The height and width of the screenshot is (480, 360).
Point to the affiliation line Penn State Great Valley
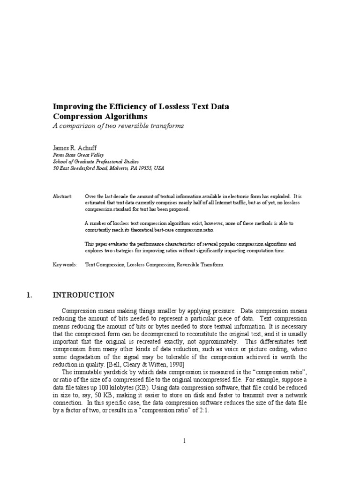point(78,154)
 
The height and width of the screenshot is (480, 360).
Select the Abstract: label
point(62,196)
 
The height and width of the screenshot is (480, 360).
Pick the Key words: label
point(65,265)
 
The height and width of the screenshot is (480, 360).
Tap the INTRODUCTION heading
point(83,295)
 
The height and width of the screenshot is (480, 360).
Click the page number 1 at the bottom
point(185,441)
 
